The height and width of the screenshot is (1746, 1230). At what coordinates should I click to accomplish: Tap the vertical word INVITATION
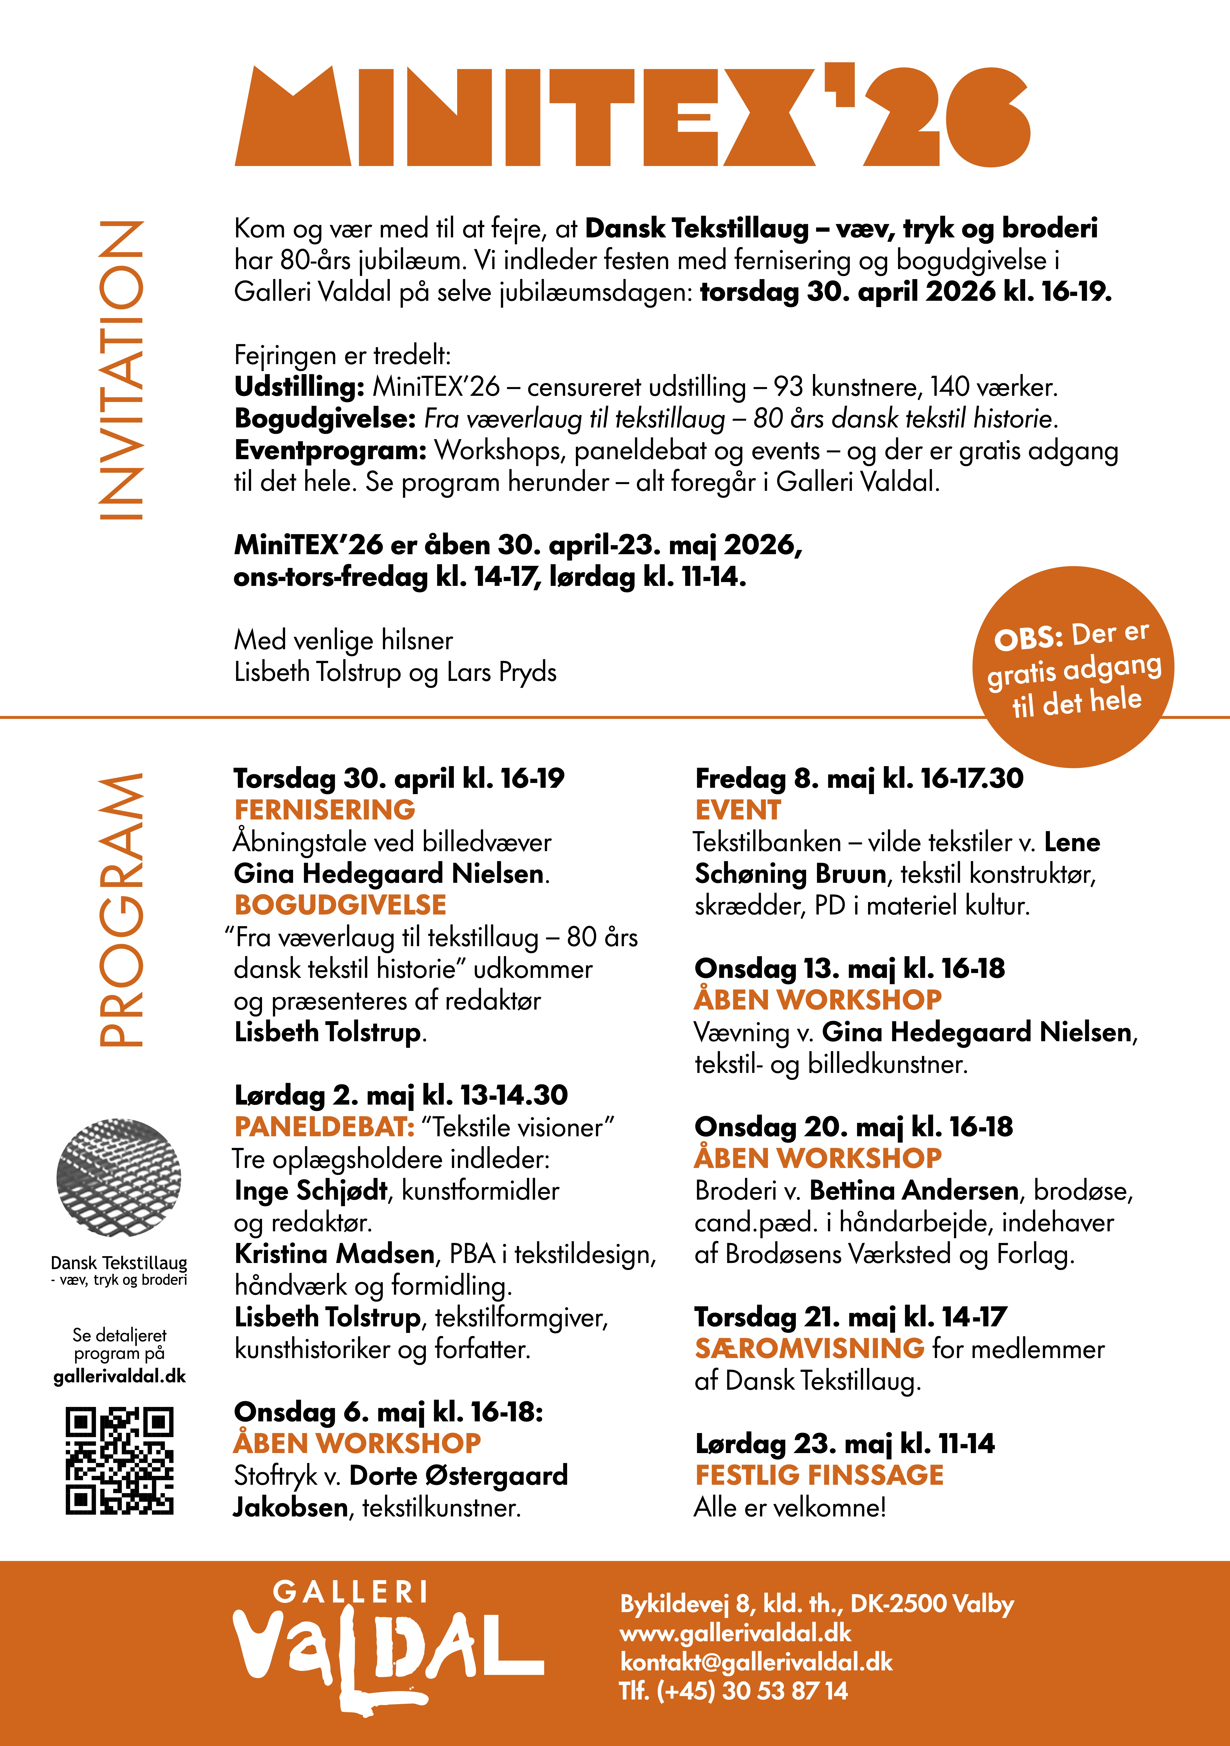[x=122, y=370]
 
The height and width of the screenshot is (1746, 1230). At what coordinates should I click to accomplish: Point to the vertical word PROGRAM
[x=122, y=910]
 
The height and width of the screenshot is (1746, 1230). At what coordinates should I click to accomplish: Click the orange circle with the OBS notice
[x=1073, y=667]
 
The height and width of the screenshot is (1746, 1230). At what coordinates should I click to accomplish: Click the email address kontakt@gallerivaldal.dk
[x=756, y=1662]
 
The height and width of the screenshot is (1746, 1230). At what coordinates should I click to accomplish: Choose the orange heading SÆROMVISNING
[x=809, y=1348]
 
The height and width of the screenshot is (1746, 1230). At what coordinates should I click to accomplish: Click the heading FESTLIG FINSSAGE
[x=819, y=1475]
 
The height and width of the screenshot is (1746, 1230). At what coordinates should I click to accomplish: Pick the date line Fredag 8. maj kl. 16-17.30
[x=859, y=778]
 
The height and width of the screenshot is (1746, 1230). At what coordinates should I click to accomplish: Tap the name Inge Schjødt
[x=311, y=1190]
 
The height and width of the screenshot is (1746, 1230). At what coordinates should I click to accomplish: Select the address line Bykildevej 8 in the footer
[x=816, y=1604]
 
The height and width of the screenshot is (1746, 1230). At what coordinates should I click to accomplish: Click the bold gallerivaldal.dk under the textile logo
[x=119, y=1376]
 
